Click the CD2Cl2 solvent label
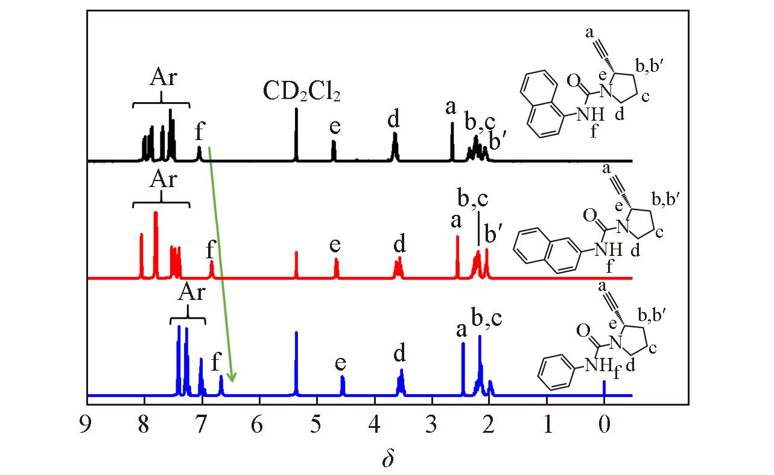[301, 91]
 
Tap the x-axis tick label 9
[86, 424]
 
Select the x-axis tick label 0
[604, 424]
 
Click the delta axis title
[388, 457]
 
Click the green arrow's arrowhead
[232, 377]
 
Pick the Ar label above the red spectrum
[163, 179]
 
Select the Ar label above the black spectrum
[163, 77]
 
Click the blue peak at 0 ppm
[604, 388]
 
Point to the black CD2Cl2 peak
[296, 135]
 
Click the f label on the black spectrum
[200, 131]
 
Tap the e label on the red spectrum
[335, 245]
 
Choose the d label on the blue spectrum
[399, 353]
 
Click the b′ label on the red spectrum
[493, 233]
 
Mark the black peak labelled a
[452, 142]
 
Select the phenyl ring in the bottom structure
[556, 373]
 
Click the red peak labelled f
[212, 269]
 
